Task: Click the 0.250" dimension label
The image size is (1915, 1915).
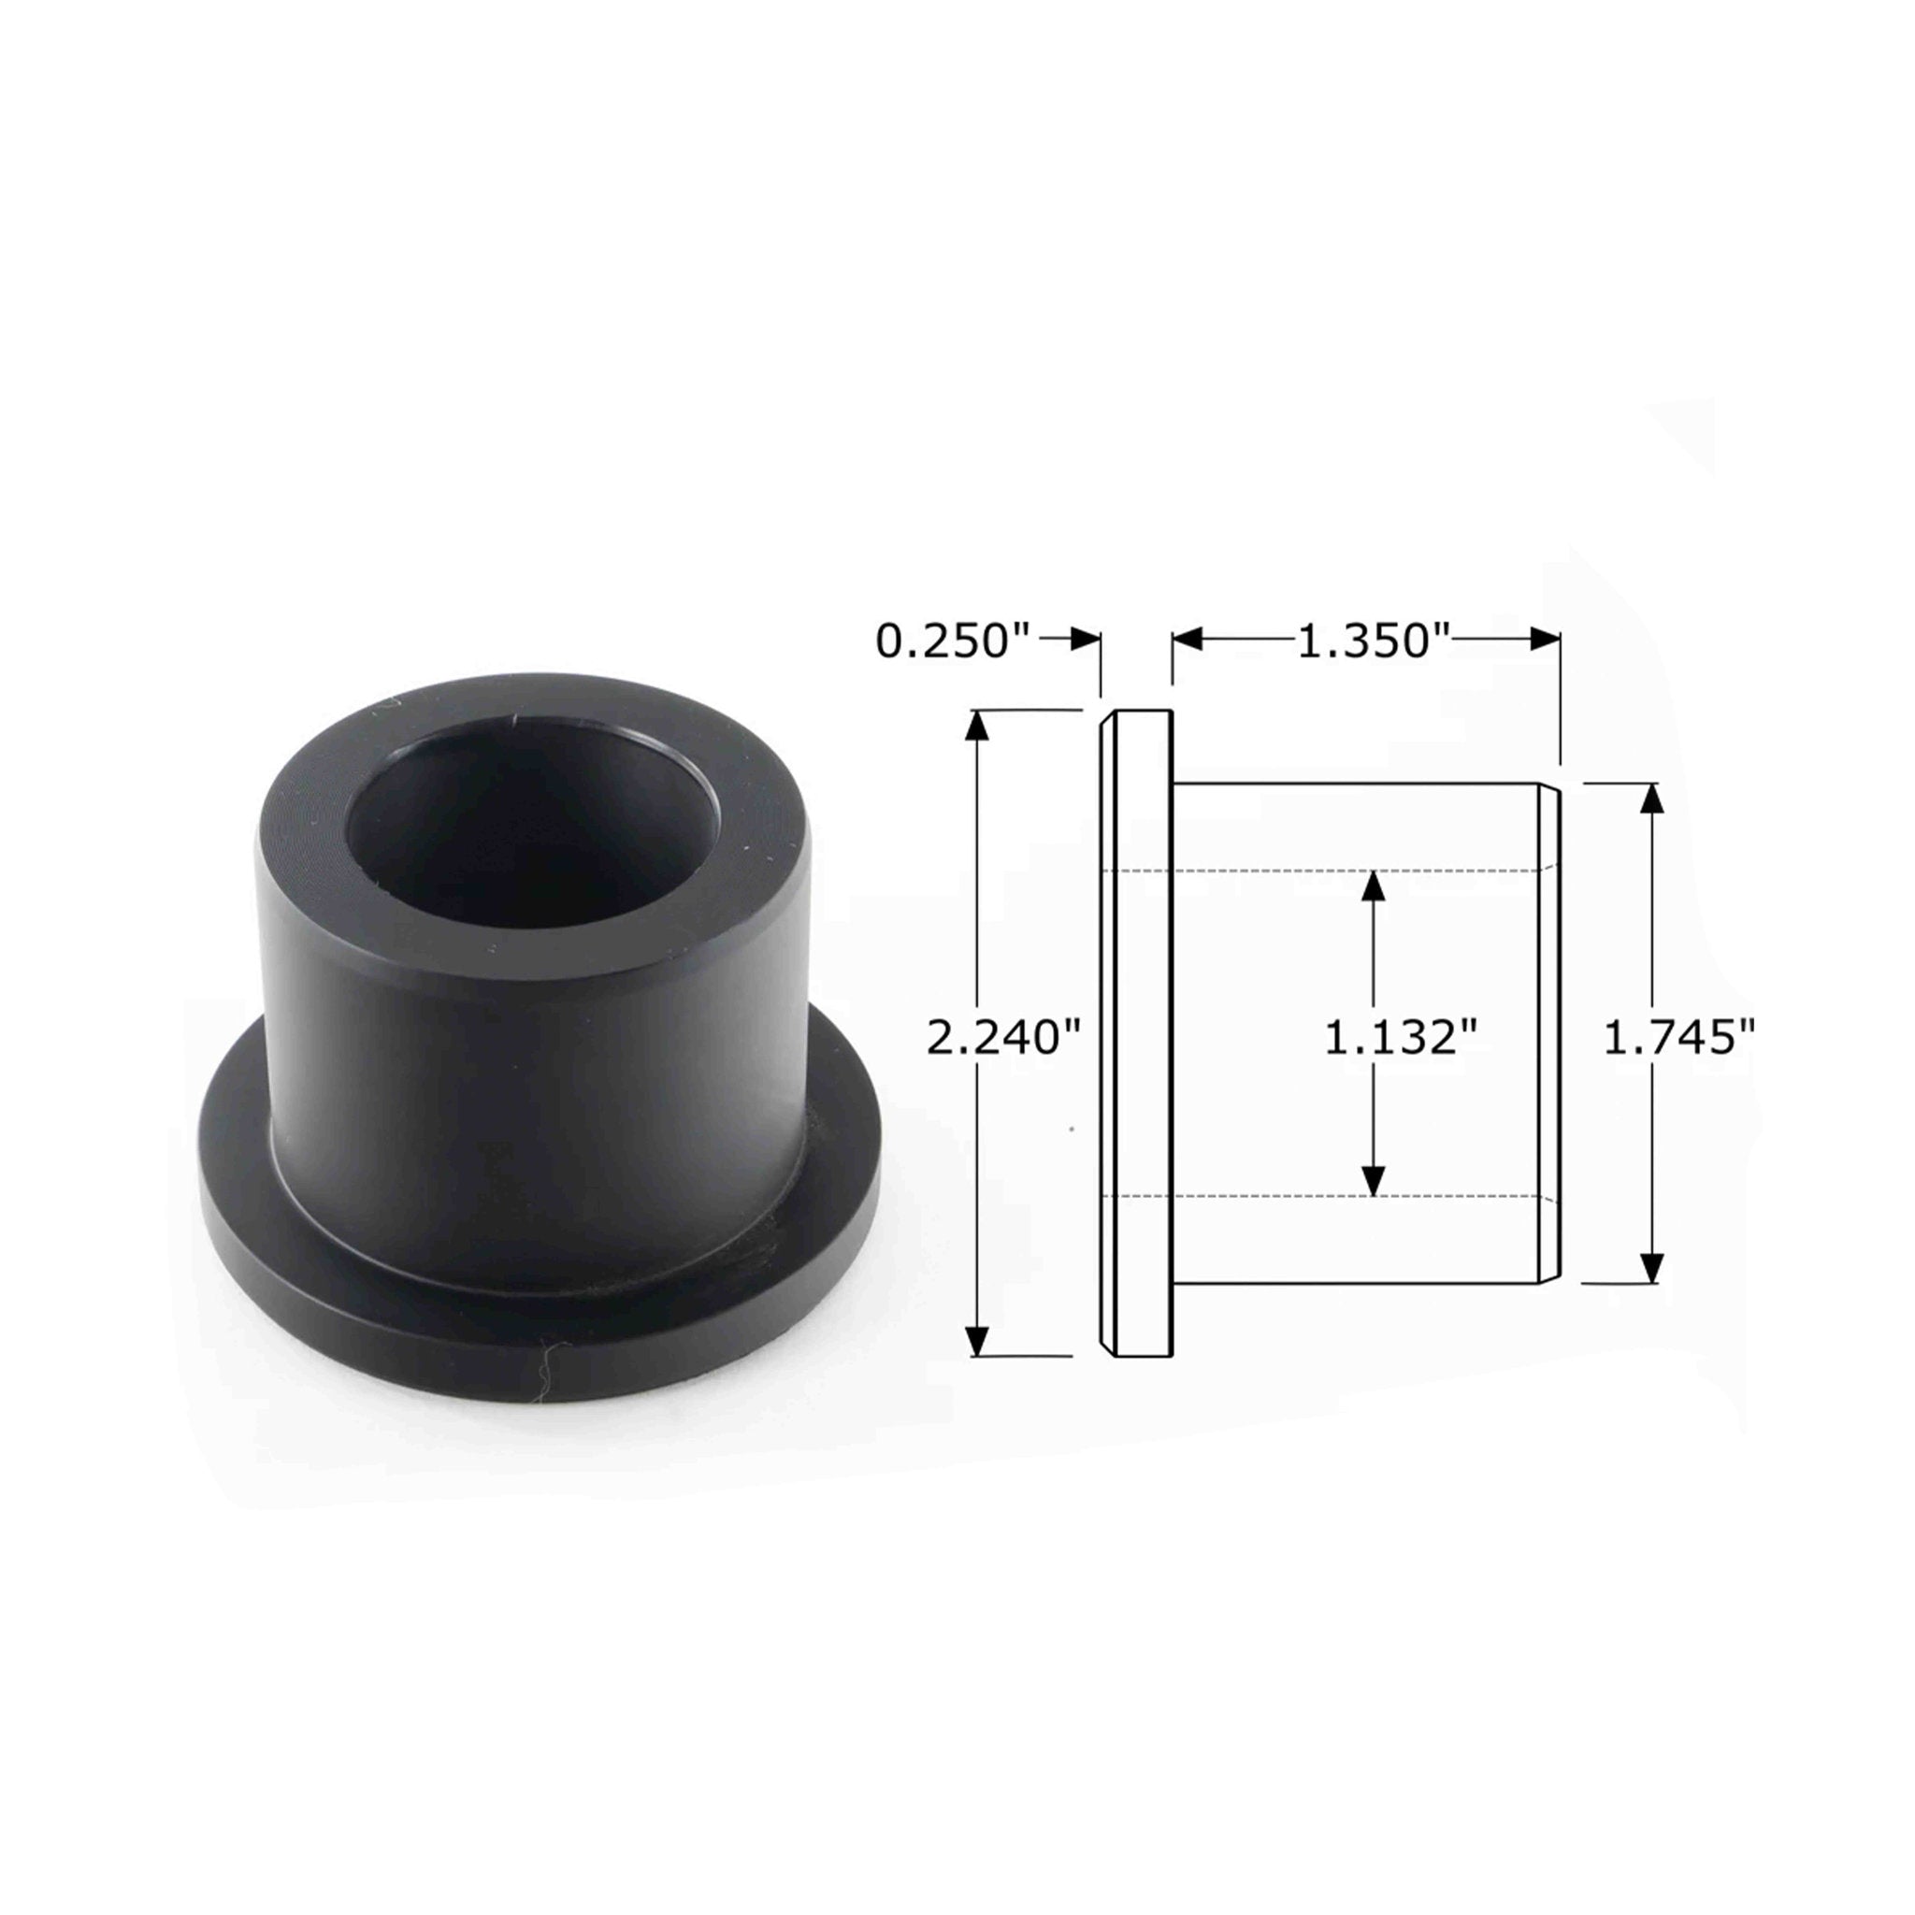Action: pos(955,641)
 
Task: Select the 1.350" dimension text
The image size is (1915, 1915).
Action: pos(1374,641)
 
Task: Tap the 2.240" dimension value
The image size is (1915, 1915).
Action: pos(1001,1038)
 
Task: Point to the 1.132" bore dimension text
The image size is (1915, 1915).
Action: pos(1401,1038)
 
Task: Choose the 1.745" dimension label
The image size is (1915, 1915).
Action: pos(1679,1038)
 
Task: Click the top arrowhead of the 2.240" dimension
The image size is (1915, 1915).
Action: pos(977,727)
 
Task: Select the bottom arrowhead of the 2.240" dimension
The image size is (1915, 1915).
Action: pos(977,1340)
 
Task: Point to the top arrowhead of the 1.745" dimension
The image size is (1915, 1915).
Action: pos(1650,798)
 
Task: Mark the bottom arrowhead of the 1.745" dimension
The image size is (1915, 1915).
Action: pos(1650,1268)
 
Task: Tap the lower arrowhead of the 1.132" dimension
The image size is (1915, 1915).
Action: pos(1373,1181)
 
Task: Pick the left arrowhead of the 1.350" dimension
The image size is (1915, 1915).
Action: pos(1188,640)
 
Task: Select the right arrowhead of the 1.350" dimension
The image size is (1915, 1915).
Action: pos(1546,640)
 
